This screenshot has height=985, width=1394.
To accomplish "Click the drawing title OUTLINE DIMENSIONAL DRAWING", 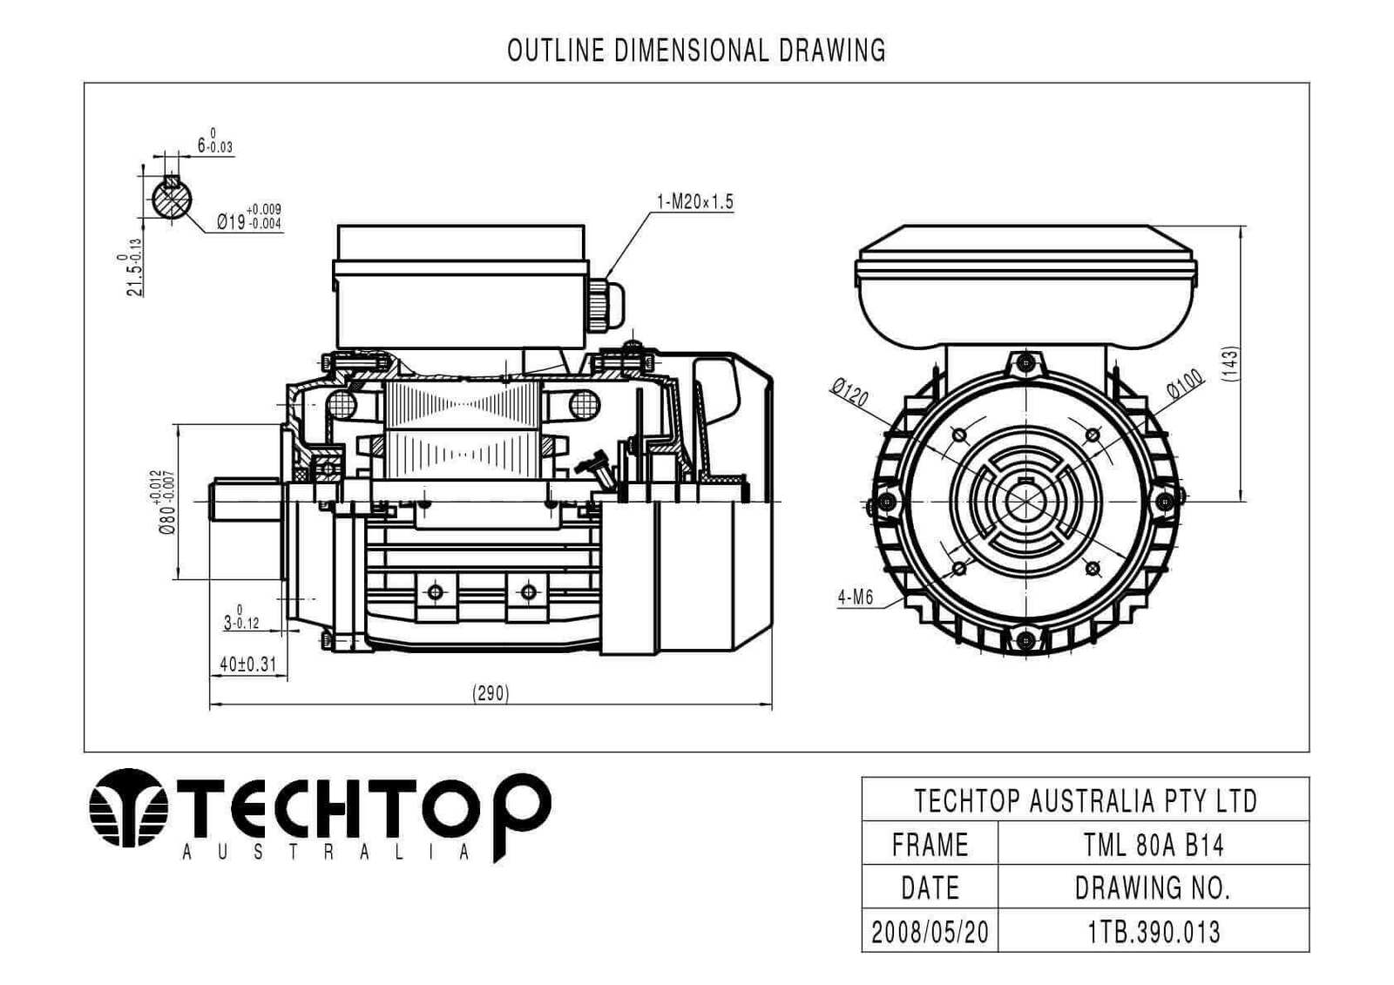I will tap(696, 51).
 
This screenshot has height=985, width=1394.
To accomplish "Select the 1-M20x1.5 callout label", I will tap(694, 202).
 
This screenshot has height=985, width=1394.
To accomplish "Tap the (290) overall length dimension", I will tap(491, 693).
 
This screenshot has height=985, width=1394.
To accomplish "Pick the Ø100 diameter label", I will tap(1185, 384).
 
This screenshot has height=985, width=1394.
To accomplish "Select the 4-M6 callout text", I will tap(855, 597).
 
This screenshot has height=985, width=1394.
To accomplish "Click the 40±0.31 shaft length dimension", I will tap(247, 665).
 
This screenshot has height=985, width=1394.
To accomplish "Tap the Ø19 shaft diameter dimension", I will tap(248, 218).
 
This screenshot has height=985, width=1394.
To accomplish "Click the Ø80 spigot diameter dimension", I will tap(166, 502).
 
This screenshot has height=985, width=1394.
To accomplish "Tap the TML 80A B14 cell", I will tap(1153, 845).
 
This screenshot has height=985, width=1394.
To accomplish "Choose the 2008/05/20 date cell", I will tap(930, 932).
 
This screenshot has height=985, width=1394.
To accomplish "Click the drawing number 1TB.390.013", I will tap(1153, 932).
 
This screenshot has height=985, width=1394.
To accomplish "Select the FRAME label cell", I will tap(930, 845).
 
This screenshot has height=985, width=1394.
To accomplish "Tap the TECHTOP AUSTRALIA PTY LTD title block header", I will tap(1085, 800).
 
